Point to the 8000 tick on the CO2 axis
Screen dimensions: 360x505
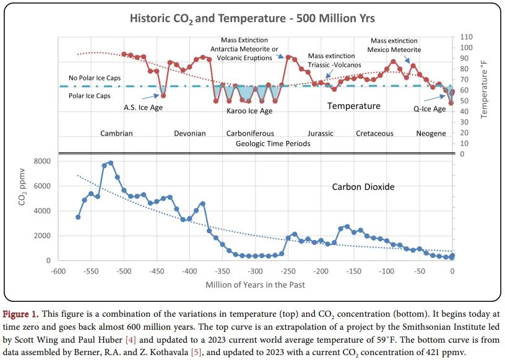[41, 161]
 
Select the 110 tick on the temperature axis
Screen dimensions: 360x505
[466, 37]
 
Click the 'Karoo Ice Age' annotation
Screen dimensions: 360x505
[249, 111]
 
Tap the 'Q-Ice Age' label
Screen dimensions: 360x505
[429, 109]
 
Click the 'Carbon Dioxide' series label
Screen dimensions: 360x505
[363, 186]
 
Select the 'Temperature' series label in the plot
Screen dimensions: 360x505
[353, 106]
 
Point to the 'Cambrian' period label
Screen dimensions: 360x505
[116, 133]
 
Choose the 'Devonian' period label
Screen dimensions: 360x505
[189, 133]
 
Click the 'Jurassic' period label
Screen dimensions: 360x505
[320, 133]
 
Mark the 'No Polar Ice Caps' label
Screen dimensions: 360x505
[95, 78]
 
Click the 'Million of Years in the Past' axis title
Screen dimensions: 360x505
[255, 285]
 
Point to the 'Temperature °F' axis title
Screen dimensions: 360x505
[485, 92]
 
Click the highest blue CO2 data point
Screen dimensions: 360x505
[111, 163]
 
